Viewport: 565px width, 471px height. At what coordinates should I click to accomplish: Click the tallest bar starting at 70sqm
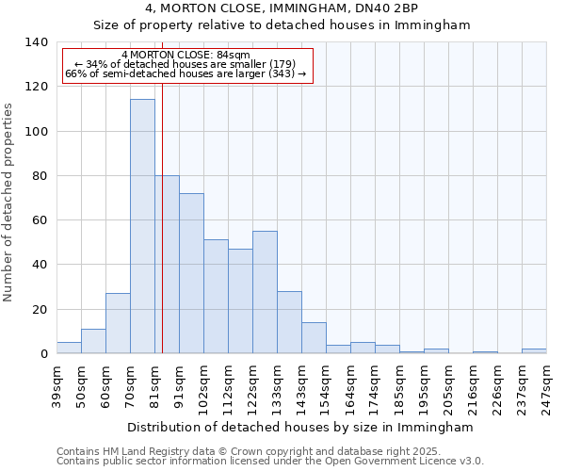pos(142,226)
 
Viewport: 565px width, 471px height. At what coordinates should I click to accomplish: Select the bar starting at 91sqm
pos(191,273)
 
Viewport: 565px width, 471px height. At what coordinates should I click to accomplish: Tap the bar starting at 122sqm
pos(265,292)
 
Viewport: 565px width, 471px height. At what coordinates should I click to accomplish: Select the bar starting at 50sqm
pos(93,341)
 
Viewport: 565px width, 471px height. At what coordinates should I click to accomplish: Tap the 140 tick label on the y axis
pos(37,42)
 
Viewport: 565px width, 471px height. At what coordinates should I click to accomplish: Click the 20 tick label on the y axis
pos(40,309)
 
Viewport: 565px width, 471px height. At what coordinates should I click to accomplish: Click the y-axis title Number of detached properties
pos(8,203)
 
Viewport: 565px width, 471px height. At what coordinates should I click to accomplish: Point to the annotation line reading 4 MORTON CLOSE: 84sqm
pos(186,56)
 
